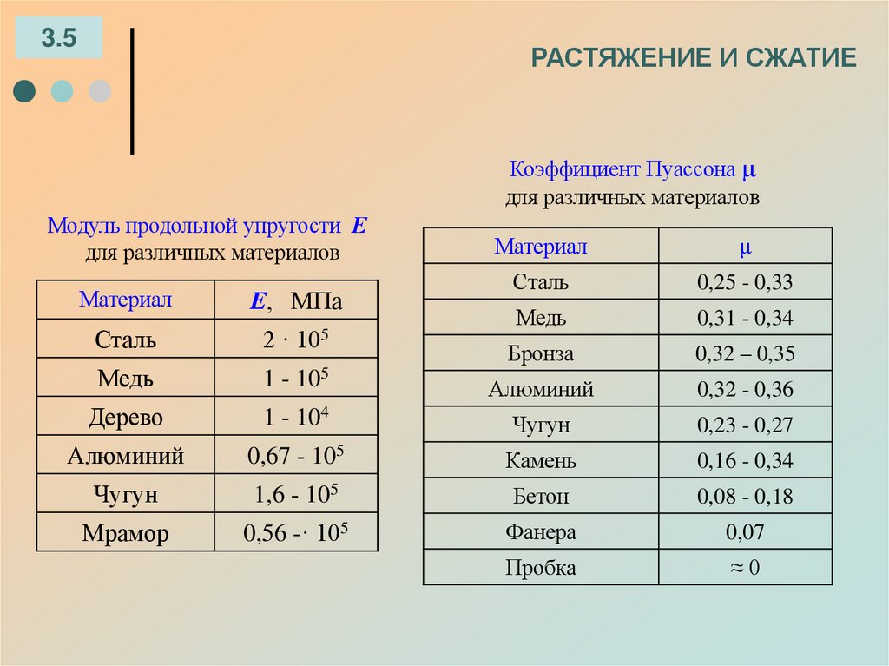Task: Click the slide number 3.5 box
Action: (x=59, y=37)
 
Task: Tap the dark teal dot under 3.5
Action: (x=25, y=91)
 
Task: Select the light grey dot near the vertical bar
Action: (x=100, y=91)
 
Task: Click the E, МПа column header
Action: (x=296, y=301)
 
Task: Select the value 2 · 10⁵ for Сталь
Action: (x=296, y=340)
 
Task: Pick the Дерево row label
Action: (x=126, y=417)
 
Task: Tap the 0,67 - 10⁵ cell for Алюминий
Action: (x=296, y=455)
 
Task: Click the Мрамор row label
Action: (x=126, y=533)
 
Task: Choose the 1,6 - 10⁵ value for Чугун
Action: (x=296, y=494)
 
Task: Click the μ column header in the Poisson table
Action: (x=745, y=247)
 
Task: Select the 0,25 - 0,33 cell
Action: (x=745, y=282)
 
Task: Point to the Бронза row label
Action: (x=541, y=354)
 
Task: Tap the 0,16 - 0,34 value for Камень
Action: (x=745, y=461)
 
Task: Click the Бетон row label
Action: (x=541, y=497)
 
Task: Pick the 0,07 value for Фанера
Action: (x=745, y=532)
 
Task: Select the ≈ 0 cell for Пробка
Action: (x=745, y=568)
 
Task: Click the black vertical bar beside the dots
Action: (x=132, y=91)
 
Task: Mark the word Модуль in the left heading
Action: (x=83, y=227)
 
